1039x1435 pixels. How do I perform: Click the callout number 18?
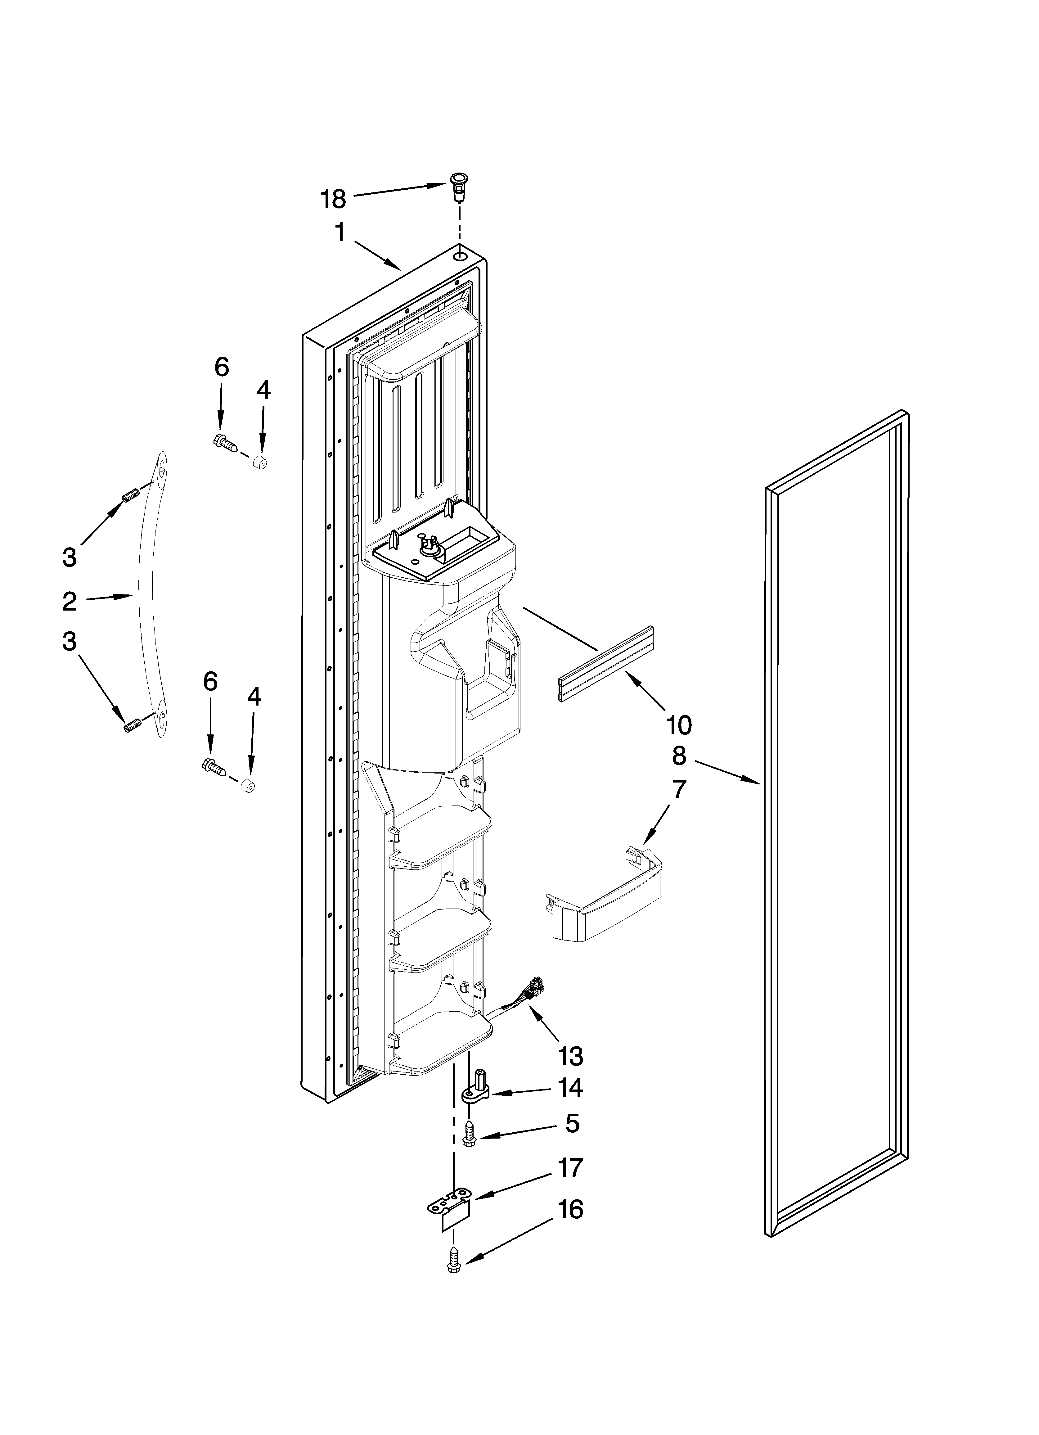pyautogui.click(x=334, y=199)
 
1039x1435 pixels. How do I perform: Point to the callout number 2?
pyautogui.click(x=70, y=601)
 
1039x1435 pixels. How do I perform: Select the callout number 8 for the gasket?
pyautogui.click(x=679, y=756)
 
